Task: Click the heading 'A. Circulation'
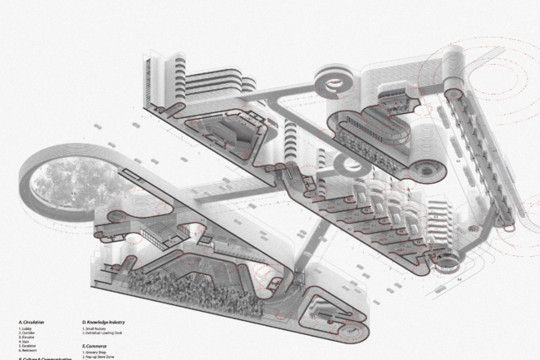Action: (32, 321)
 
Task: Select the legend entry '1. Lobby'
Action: (26, 329)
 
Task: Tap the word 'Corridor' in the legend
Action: (27, 333)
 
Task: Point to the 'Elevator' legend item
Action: (27, 338)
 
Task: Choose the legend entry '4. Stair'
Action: (25, 342)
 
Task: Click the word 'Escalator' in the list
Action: (28, 346)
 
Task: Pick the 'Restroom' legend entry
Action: (28, 350)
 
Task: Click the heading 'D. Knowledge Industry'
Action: (103, 321)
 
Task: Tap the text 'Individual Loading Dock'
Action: (103, 333)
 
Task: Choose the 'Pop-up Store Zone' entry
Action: (99, 357)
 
